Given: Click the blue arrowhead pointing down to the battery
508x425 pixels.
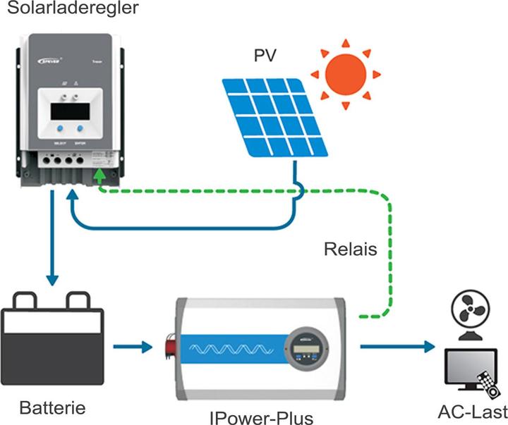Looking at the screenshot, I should (x=52, y=276).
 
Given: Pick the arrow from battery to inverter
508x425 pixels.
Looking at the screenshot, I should (x=135, y=346).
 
